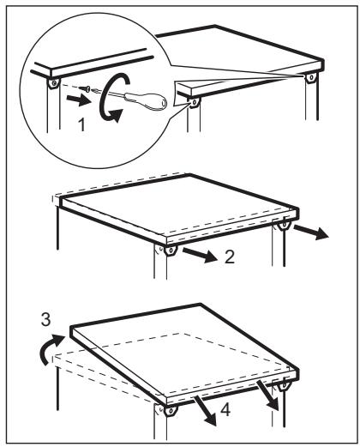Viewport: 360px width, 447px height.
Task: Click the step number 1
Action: pyautogui.click(x=81, y=125)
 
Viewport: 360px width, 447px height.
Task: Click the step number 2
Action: pyautogui.click(x=230, y=257)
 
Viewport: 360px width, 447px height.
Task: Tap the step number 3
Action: pyautogui.click(x=46, y=319)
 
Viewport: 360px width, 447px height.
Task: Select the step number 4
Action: pyautogui.click(x=225, y=410)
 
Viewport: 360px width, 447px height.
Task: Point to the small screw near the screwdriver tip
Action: pyautogui.click(x=85, y=88)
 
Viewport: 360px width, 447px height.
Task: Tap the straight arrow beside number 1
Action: pyautogui.click(x=78, y=100)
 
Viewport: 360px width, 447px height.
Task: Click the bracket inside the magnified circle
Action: pyautogui.click(x=53, y=83)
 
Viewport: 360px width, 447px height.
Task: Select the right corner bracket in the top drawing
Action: pyautogui.click(x=310, y=77)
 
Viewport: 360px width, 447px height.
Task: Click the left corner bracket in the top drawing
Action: pyautogui.click(x=194, y=102)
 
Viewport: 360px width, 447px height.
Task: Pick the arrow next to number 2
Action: pyautogui.click(x=200, y=255)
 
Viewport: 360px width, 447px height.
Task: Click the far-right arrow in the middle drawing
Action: pyautogui.click(x=311, y=232)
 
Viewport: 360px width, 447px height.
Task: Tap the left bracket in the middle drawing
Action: pyautogui.click(x=171, y=251)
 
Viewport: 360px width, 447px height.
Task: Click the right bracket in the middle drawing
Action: pyautogui.click(x=284, y=226)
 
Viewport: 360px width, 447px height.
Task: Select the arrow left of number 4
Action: pyautogui.click(x=205, y=411)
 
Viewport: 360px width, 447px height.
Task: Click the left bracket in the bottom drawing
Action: pyautogui.click(x=171, y=411)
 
